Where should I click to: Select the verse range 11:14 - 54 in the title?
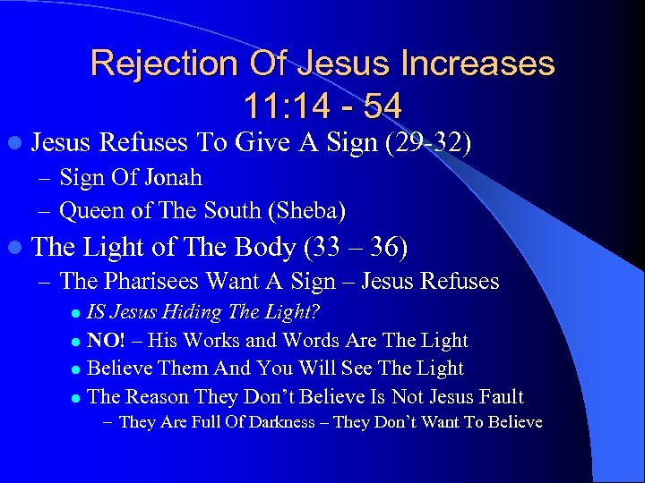pyautogui.click(x=322, y=106)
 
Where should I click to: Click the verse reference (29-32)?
pyautogui.click(x=426, y=142)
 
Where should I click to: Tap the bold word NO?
pyautogui.click(x=106, y=340)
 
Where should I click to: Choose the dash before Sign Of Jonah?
pyautogui.click(x=46, y=178)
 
